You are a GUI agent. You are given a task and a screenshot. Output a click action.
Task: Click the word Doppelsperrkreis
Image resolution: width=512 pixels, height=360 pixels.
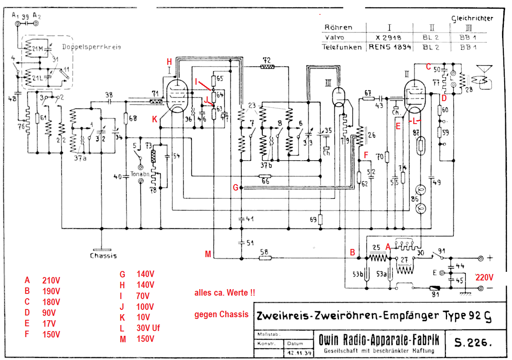pyautogui.click(x=92, y=47)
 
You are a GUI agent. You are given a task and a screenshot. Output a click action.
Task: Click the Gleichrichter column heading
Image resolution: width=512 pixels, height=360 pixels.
pyautogui.click(x=472, y=18)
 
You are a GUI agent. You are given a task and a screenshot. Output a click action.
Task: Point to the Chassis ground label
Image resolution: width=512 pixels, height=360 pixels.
pyautogui.click(x=103, y=255)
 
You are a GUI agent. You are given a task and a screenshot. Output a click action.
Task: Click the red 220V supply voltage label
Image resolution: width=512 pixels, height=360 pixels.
pyautogui.click(x=484, y=277)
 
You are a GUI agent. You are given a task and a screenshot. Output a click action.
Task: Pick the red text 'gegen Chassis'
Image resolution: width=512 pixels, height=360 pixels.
pyautogui.click(x=221, y=314)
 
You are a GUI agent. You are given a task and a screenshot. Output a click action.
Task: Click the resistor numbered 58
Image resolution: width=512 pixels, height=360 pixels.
pyautogui.click(x=265, y=258)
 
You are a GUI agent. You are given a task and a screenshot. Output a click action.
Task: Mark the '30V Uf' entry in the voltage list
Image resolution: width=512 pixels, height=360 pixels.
pyautogui.click(x=148, y=328)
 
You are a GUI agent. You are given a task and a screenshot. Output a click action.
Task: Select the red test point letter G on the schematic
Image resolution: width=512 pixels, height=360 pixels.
pyautogui.click(x=235, y=188)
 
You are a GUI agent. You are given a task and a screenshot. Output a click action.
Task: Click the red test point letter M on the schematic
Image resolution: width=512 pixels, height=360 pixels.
pyautogui.click(x=208, y=254)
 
